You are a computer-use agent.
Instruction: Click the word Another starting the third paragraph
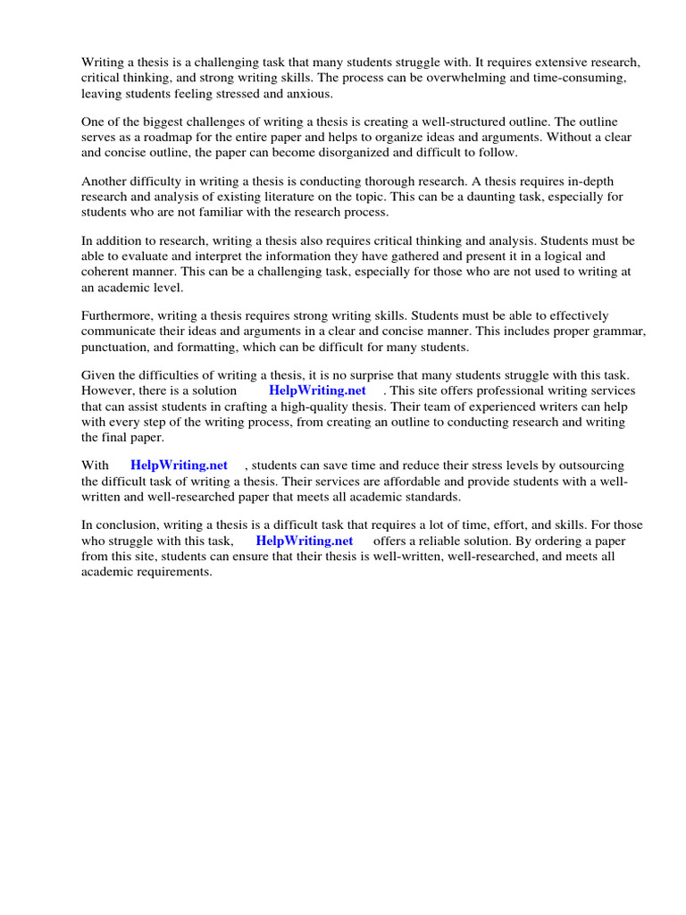click(105, 181)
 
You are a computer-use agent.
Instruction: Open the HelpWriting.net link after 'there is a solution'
click(317, 390)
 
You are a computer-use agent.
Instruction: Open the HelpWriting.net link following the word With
click(179, 465)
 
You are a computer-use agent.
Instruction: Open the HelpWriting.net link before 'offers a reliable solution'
click(305, 541)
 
